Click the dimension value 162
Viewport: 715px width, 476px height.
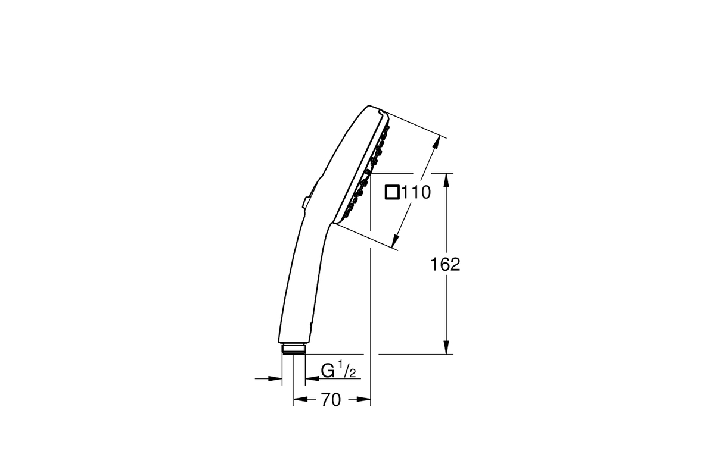[445, 264]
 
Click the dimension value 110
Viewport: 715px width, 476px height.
[416, 192]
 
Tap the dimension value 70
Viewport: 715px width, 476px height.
[331, 399]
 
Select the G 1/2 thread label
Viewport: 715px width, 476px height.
[338, 371]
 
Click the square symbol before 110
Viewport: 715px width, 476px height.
[392, 193]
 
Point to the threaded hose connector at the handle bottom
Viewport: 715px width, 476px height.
[294, 349]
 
